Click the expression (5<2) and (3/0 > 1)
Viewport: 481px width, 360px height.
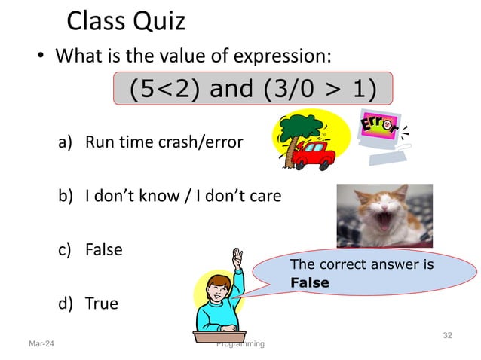click(253, 89)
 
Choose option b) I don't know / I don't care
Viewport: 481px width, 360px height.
click(182, 197)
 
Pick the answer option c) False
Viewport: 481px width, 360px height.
click(103, 249)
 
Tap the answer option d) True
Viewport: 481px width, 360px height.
click(101, 304)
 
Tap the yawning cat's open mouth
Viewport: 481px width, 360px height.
click(382, 221)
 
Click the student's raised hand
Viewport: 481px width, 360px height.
click(238, 258)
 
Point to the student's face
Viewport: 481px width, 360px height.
click(217, 289)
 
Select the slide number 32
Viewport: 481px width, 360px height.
click(447, 334)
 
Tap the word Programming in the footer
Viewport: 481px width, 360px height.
click(240, 344)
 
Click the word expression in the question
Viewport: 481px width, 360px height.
click(284, 56)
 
